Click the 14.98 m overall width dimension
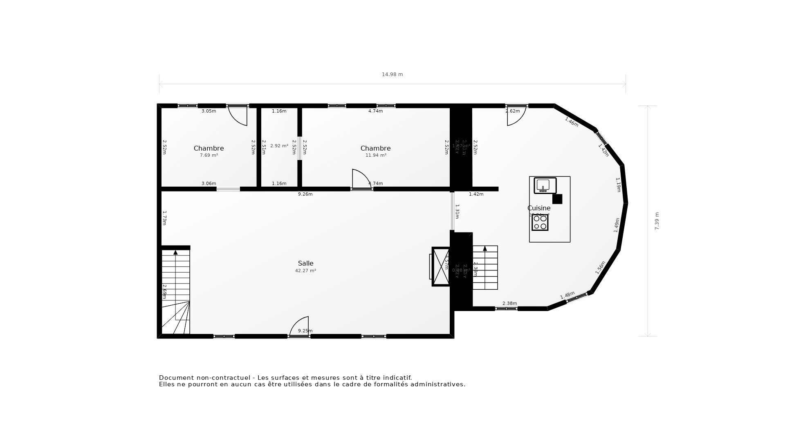[x=392, y=74]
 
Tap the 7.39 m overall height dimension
[x=657, y=221]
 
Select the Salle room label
[x=305, y=264]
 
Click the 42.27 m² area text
[x=305, y=271]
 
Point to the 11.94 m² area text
[x=375, y=156]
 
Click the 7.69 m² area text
[x=209, y=156]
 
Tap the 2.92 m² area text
[x=279, y=146]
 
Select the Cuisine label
[x=539, y=208]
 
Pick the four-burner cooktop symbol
[x=540, y=222]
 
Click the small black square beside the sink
[x=557, y=199]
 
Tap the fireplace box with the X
[x=441, y=266]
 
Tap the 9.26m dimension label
[x=305, y=194]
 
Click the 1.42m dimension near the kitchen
[x=476, y=194]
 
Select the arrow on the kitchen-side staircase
[x=485, y=248]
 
